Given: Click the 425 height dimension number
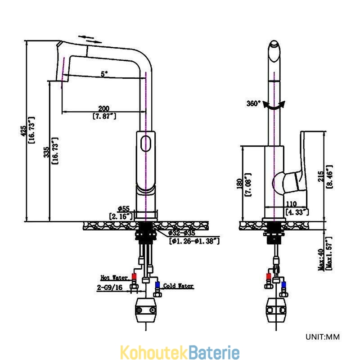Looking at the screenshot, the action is (24, 131).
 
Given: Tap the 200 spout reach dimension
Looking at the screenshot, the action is (104, 108).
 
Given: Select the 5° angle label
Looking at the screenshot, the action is (104, 74).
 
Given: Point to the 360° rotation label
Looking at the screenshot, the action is (253, 103).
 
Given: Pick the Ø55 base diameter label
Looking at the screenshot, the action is (124, 209).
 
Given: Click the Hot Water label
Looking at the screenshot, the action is (114, 278).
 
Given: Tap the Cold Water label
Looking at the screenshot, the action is (178, 286).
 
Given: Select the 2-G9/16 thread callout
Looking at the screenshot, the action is (110, 287).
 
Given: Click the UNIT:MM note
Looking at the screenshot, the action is (323, 337).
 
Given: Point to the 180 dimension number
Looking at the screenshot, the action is (239, 184).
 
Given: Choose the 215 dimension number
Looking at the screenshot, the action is (321, 176).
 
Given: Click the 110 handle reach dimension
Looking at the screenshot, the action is (291, 204).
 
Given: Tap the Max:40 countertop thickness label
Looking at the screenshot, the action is (321, 260).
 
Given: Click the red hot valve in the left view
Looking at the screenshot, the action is (134, 276).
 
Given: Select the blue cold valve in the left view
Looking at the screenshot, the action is (157, 285).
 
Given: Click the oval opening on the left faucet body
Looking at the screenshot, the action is (145, 144).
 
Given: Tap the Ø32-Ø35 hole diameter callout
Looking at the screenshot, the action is (182, 233).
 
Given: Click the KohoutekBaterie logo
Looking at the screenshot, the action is (180, 352).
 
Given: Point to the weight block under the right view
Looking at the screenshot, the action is (276, 310).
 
